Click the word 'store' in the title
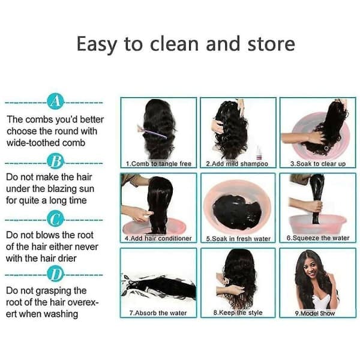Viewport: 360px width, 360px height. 271,44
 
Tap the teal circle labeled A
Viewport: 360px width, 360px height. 55,101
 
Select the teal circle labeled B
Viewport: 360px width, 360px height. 55,161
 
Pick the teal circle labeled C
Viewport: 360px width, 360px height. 55,218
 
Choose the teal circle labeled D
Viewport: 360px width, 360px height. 55,274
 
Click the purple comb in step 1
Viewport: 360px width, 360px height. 152,132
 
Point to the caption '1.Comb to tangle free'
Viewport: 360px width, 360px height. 158,164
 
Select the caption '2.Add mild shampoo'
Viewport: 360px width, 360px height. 237,164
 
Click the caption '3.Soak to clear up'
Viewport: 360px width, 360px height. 318,164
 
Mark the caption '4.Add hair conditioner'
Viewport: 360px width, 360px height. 158,239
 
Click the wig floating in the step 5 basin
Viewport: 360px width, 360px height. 237,212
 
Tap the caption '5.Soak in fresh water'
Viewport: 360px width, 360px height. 238,239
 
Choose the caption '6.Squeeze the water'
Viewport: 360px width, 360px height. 318,238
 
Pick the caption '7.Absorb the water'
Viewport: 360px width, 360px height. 158,313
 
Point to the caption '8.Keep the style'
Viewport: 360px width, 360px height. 238,313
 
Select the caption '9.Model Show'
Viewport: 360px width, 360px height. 315,313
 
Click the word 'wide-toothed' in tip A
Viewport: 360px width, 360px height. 32,143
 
